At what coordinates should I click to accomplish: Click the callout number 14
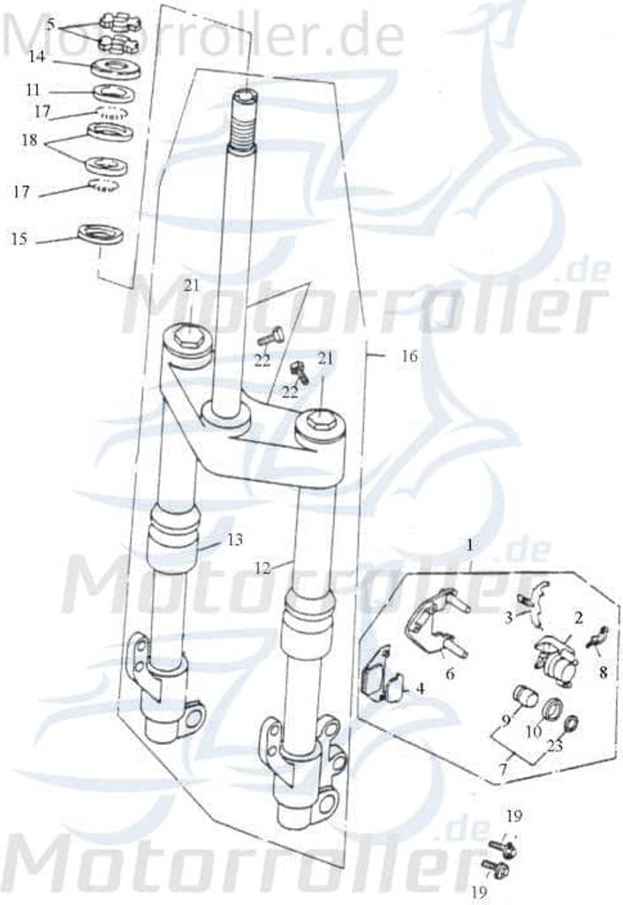(36, 57)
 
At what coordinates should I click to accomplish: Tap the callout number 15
(19, 239)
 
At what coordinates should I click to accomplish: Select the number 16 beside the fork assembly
(409, 356)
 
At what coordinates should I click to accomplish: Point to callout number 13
(235, 540)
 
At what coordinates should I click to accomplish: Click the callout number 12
(262, 568)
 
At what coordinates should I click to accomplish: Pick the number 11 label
(33, 90)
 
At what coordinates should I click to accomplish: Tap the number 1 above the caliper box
(470, 544)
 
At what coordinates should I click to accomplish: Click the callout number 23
(554, 746)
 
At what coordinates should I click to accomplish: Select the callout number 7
(503, 770)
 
